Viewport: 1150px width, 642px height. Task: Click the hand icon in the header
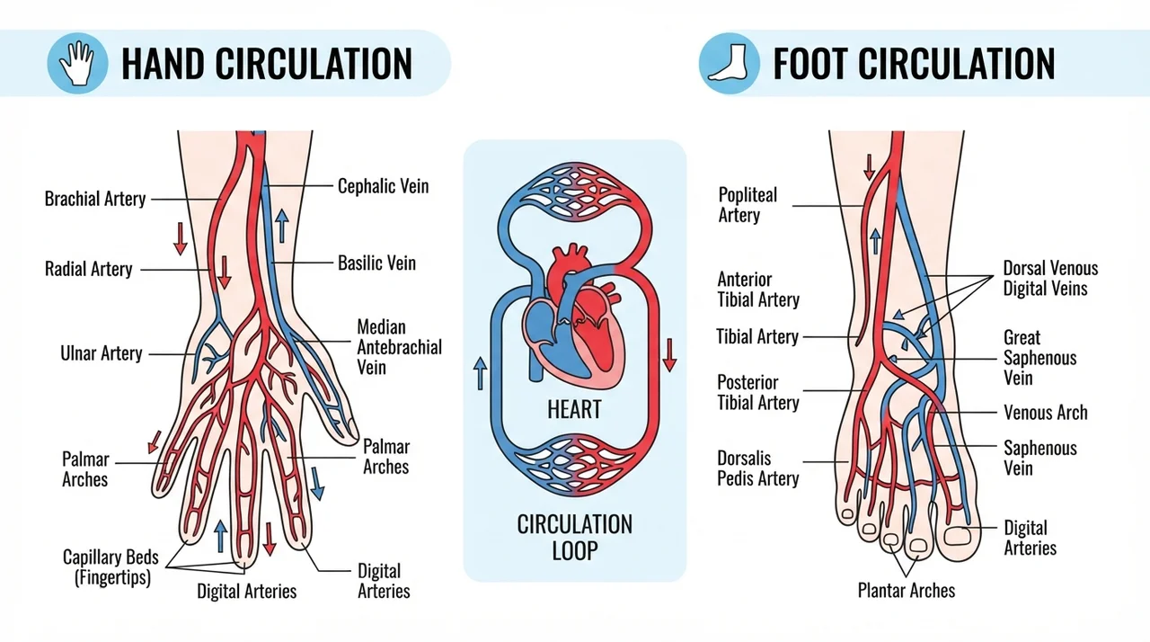click(77, 63)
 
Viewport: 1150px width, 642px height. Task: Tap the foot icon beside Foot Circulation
click(729, 63)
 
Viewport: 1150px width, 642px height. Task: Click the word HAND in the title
click(163, 64)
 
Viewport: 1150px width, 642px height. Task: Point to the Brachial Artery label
click(95, 199)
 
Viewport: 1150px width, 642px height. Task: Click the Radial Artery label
click(88, 269)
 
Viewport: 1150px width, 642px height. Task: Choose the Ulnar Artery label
click(102, 353)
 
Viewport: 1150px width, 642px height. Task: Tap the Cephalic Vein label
click(383, 186)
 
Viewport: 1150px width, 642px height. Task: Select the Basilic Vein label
click(376, 263)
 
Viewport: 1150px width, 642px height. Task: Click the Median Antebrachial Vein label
click(399, 347)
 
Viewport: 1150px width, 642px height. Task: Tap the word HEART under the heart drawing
click(574, 410)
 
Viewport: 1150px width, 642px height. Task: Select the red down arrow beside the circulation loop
click(669, 355)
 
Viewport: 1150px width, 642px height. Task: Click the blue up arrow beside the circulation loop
click(480, 373)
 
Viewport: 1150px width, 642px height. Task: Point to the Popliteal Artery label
click(747, 205)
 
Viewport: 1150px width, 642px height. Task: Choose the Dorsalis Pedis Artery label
click(757, 468)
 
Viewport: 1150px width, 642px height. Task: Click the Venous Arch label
click(1045, 413)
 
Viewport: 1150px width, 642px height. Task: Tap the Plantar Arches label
click(907, 591)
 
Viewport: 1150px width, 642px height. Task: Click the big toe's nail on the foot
click(958, 536)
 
